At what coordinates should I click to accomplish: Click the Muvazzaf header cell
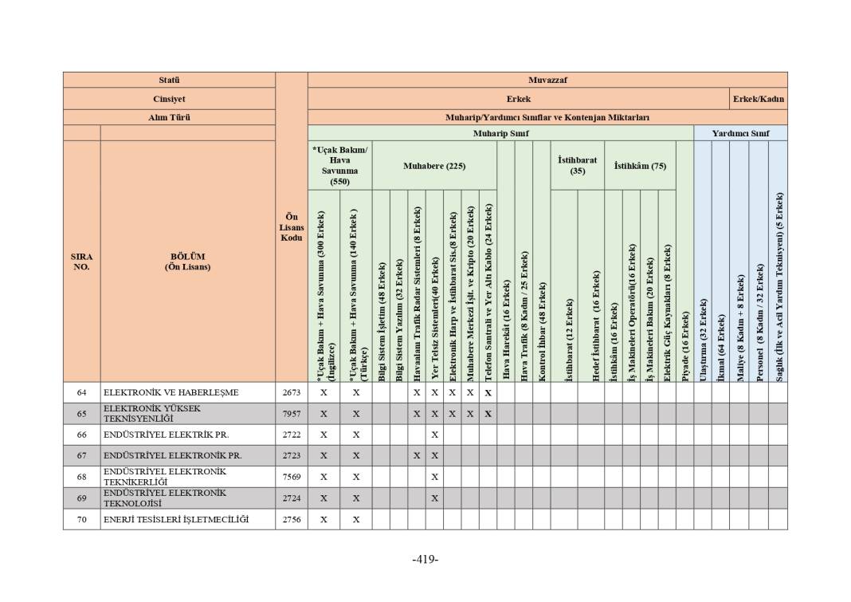547,80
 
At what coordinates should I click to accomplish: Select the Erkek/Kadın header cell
759,99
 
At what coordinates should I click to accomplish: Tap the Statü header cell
169,80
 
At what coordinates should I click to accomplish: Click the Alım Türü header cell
169,117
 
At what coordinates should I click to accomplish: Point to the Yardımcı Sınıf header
740,133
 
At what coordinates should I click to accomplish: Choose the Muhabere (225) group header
433,166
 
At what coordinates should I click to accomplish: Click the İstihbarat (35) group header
577,165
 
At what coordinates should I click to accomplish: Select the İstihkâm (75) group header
640,166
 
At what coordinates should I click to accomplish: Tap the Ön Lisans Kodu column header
292,227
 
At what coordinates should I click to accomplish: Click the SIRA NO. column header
81,262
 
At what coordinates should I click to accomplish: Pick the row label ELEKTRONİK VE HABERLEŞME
171,392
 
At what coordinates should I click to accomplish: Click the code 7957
292,414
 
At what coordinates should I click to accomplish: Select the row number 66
81,435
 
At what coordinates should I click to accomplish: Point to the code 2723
292,456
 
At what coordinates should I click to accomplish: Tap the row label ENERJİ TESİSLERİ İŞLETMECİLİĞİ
175,520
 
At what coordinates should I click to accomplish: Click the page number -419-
425,559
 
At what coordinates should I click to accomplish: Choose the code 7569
292,477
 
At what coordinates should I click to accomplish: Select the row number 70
81,520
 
